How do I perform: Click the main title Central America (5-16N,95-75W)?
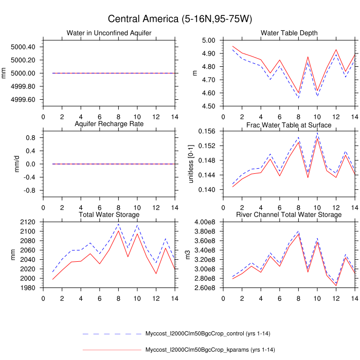[179, 19]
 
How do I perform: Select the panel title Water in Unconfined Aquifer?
[109, 33]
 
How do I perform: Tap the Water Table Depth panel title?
[289, 33]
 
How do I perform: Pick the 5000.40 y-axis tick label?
[23, 47]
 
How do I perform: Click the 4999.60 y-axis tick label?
[23, 100]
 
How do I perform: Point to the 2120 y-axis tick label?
[27, 237]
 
